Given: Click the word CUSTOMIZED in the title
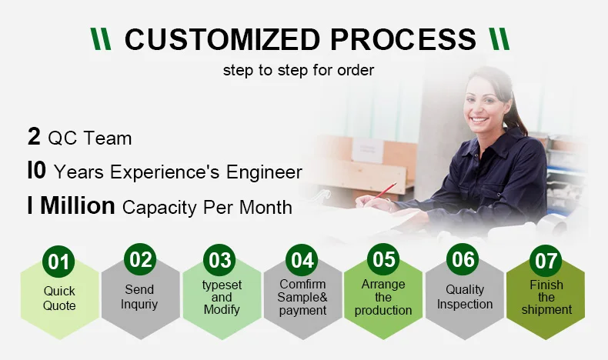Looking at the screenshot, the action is coord(222,39).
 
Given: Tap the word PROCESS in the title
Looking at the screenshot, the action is coord(403,39).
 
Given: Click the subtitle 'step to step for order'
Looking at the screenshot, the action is coord(299,70).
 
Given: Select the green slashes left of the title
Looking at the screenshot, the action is coord(101,38).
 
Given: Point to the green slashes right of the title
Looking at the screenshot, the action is coord(499,38).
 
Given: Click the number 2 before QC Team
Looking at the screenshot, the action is coord(34,137).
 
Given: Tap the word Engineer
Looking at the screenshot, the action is coord(264,172).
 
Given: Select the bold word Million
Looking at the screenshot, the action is coord(78,205).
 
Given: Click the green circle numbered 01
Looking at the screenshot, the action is coord(58,262).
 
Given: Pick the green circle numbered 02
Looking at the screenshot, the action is coord(140,259).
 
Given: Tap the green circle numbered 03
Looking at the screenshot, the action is coord(219,260).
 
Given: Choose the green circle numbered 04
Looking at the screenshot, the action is coord(302,260).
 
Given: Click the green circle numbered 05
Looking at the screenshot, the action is coord(383,259).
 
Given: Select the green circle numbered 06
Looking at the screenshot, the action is coord(463,259).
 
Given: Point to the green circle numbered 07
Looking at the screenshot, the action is coord(546,261).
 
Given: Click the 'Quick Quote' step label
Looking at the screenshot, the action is coord(59,298).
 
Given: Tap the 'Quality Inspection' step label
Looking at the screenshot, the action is coord(465,297).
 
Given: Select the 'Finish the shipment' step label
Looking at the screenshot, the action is coord(546,297).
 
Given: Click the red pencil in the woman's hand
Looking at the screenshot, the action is coord(385,190).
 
